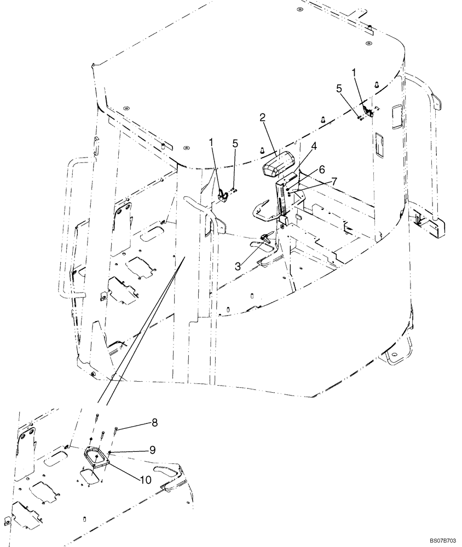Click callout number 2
263,118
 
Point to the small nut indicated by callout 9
109,452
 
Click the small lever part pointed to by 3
266,237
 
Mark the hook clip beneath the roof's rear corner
368,113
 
